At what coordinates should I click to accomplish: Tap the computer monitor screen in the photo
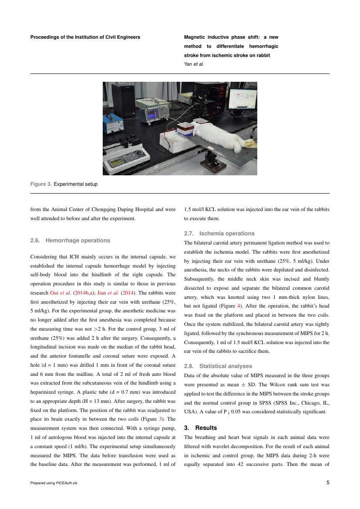coord(242,100)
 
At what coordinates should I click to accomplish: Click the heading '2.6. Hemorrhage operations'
coord(70,240)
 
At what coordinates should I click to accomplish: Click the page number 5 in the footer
coord(328,482)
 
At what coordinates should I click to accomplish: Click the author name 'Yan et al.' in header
coord(194,64)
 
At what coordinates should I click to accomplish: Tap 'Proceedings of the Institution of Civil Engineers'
coord(85,37)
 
